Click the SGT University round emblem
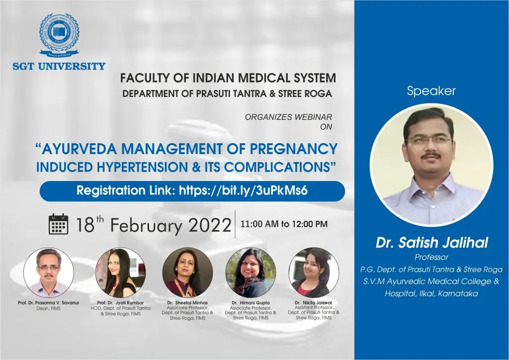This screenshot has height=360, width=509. tap(59, 35)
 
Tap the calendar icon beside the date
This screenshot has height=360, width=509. tap(59, 224)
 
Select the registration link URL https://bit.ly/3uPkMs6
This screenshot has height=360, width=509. tap(243, 190)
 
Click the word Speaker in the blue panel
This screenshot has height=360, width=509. tap(431, 91)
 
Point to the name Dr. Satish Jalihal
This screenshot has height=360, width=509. tap(432, 243)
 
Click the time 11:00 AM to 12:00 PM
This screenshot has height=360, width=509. tap(284, 224)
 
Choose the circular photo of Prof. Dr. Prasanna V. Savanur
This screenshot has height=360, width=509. tap(49, 272)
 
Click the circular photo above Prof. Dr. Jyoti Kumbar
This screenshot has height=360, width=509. tap(120, 272)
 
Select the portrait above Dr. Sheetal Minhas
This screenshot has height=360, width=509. tap(187, 272)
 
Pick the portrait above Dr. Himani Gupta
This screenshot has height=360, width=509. tap(251, 272)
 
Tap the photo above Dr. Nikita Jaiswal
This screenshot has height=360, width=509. tap(314, 272)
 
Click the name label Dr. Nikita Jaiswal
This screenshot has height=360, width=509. tap(313, 302)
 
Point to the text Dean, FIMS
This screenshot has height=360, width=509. tap(48, 308)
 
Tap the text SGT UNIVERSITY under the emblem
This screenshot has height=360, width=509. tap(59, 66)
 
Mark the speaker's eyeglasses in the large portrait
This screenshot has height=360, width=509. tap(429, 141)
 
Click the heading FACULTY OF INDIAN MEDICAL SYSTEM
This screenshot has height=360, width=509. tap(228, 78)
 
